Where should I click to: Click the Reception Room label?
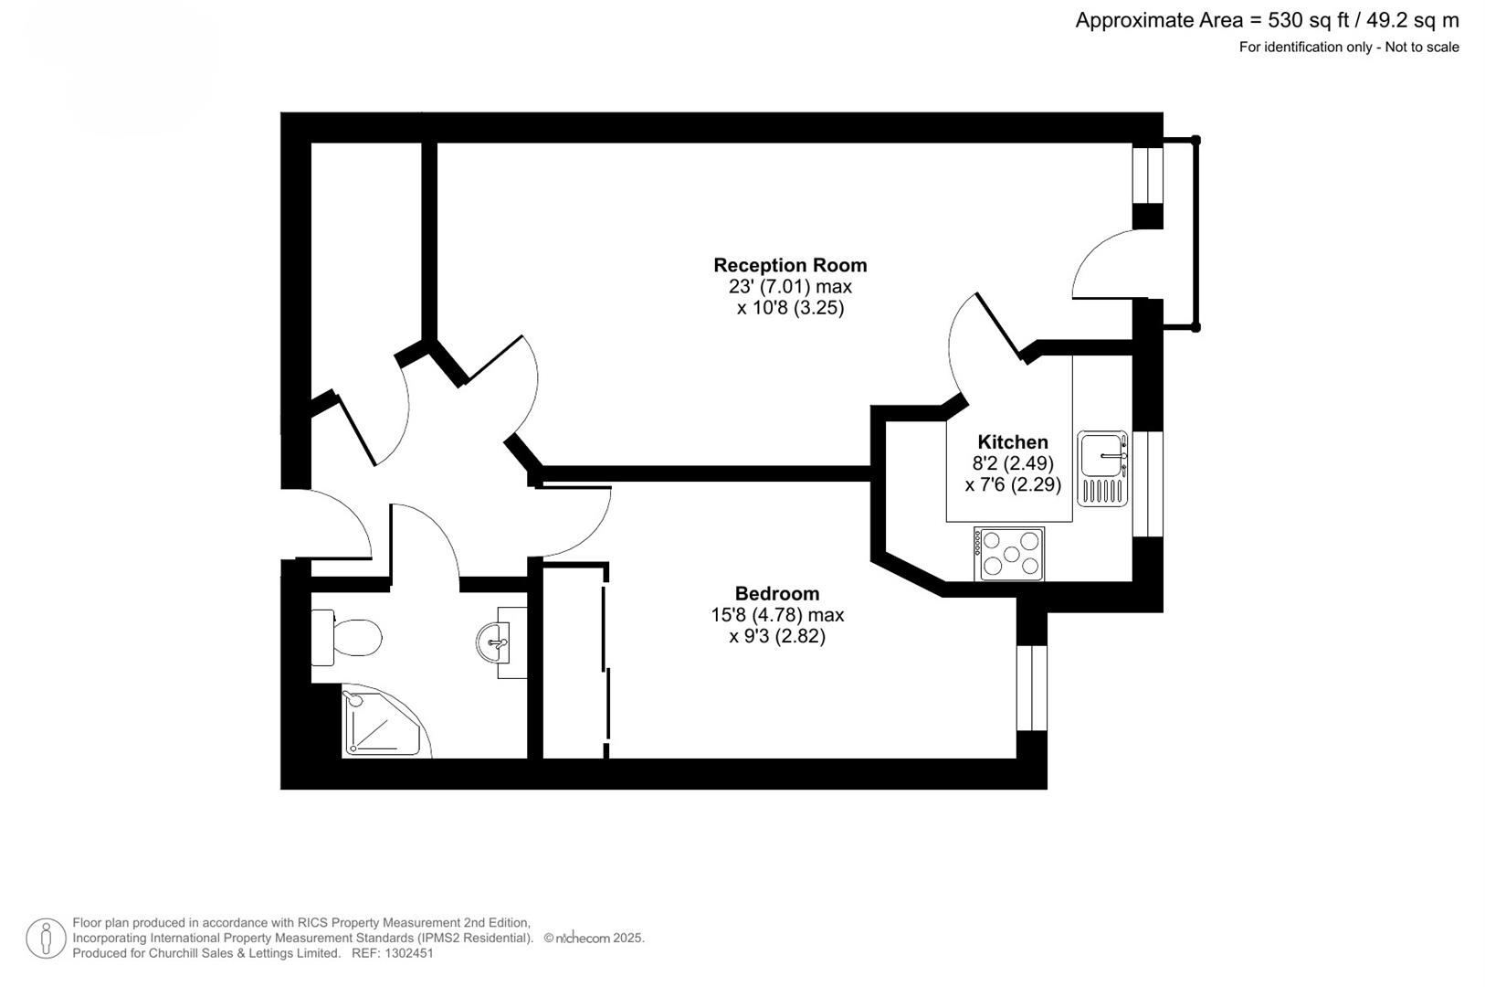pos(790,265)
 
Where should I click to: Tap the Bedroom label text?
pos(777,593)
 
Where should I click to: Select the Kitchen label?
pos(1013,442)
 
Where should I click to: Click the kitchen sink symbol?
pos(1102,468)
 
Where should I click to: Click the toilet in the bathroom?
pos(348,637)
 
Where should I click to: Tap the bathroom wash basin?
pos(497,642)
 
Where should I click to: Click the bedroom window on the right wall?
pos(1031,687)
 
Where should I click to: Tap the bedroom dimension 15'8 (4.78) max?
pos(777,615)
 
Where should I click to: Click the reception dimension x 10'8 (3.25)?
pos(790,308)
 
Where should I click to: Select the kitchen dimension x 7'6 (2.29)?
pos(1013,484)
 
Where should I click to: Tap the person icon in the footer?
pos(46,939)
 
